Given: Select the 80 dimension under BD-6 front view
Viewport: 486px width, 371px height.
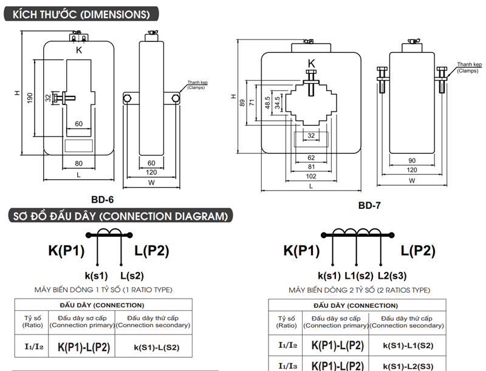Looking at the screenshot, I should [x=78, y=163].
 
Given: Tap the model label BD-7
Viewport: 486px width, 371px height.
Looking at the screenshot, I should [x=369, y=205].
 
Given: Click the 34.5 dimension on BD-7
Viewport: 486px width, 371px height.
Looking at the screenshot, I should [x=277, y=101].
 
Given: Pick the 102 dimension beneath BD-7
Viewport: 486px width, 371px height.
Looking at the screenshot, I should [x=311, y=175].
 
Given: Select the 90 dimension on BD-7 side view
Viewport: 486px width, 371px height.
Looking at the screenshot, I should [x=412, y=160].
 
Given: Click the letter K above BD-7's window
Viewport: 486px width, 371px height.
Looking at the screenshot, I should [x=312, y=63].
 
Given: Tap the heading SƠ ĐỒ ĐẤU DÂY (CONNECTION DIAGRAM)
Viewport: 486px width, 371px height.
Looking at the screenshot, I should [x=122, y=216].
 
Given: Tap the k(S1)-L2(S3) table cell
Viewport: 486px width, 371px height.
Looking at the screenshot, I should [x=408, y=366].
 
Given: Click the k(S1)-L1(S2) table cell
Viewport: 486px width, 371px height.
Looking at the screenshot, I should [x=408, y=345].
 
